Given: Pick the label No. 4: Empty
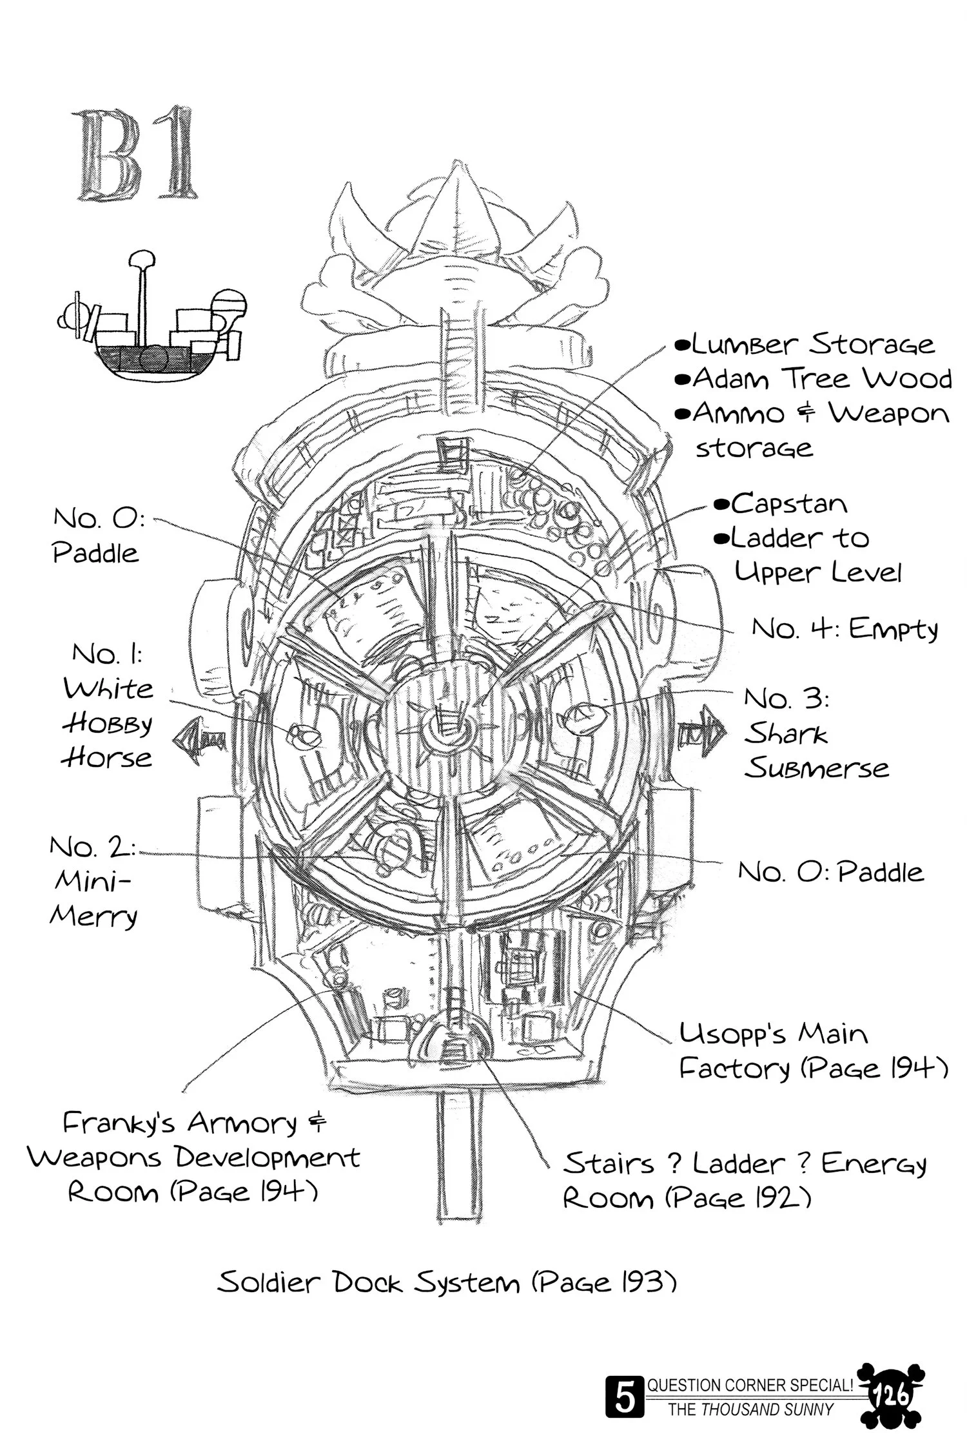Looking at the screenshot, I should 845,628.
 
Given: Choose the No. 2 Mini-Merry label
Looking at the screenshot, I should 93,882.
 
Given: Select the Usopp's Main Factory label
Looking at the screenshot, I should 812,1052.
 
